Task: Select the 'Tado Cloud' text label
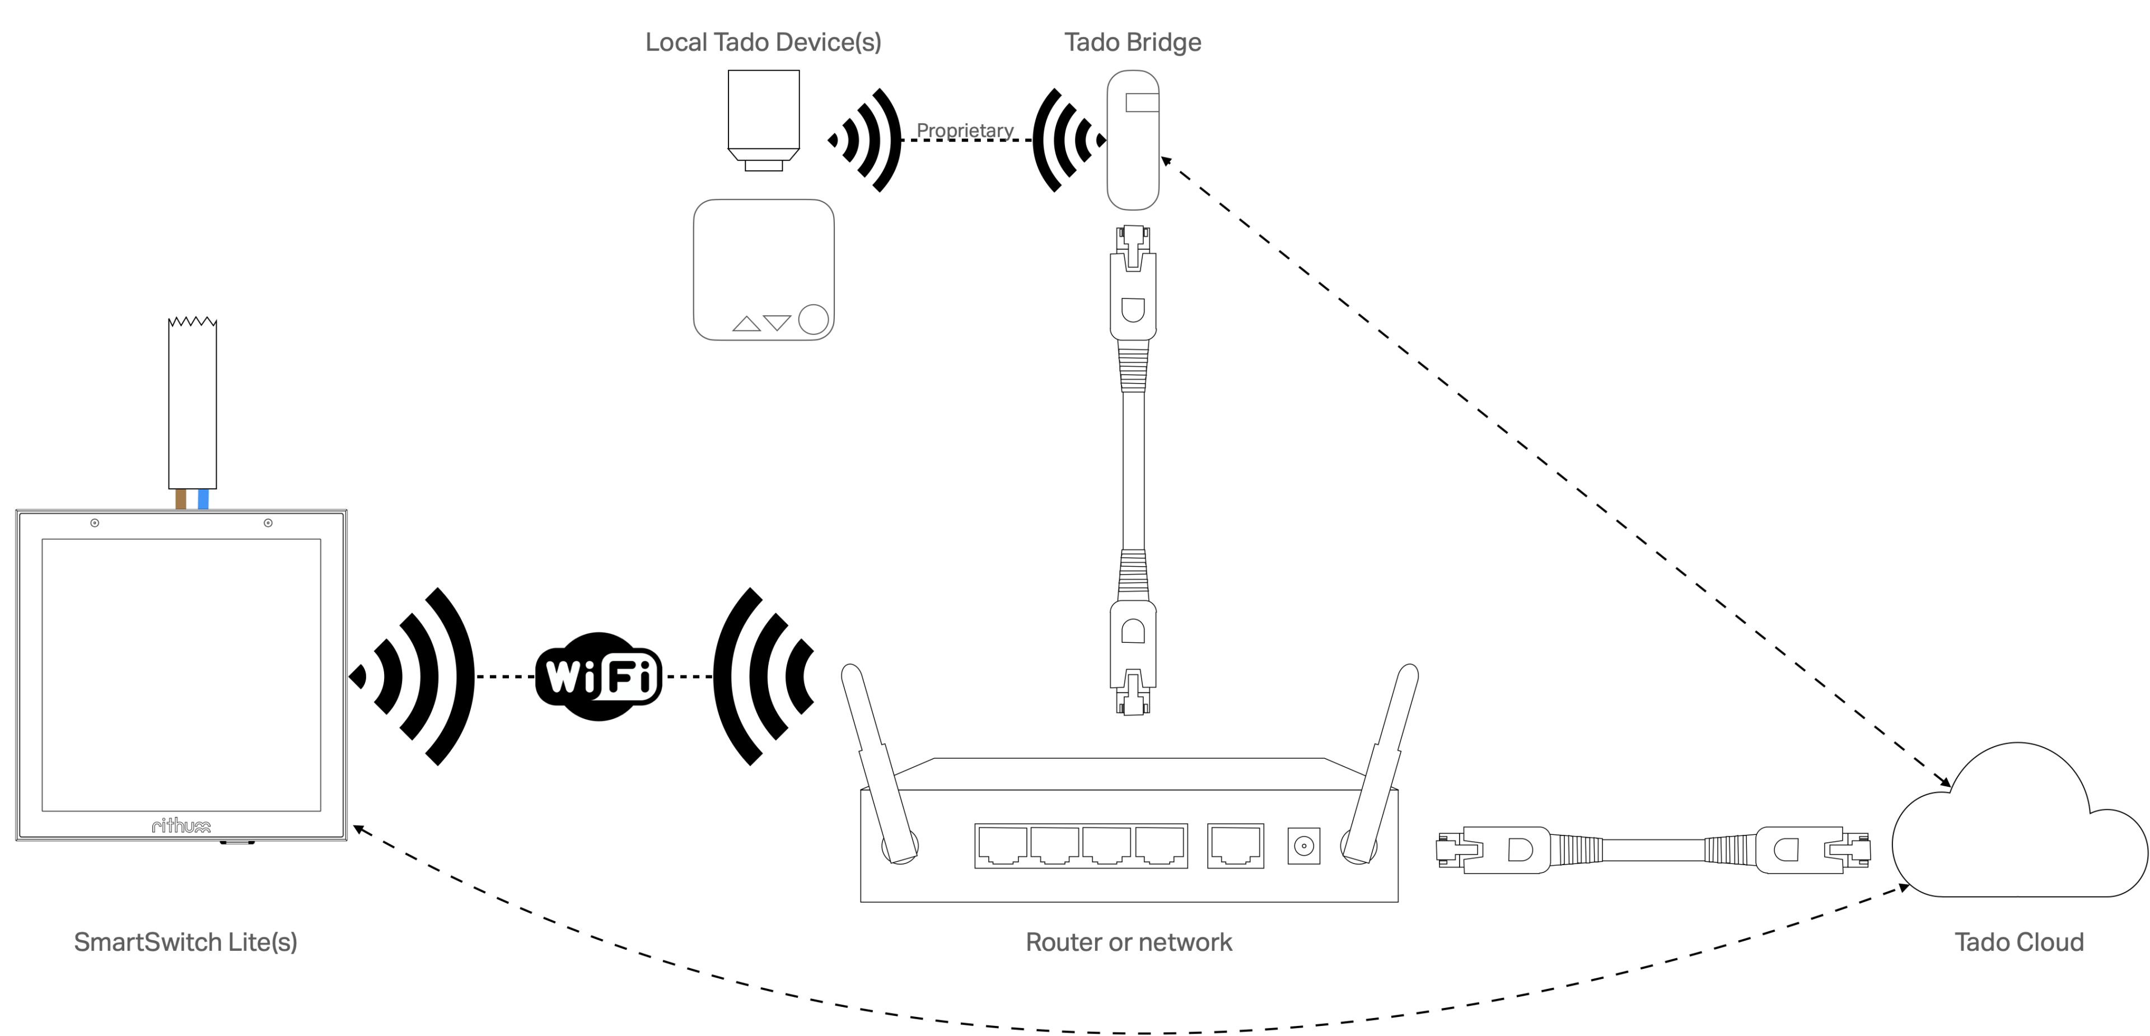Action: point(2018,942)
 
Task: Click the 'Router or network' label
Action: point(1128,942)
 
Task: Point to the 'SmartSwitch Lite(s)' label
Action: point(186,942)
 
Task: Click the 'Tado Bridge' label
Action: point(1133,42)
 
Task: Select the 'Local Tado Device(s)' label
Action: point(764,42)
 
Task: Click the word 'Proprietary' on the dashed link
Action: point(966,131)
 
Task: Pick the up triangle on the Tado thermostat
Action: point(746,324)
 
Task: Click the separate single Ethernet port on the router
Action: point(1235,845)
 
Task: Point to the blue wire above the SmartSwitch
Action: point(203,499)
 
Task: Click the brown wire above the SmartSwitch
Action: point(181,499)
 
